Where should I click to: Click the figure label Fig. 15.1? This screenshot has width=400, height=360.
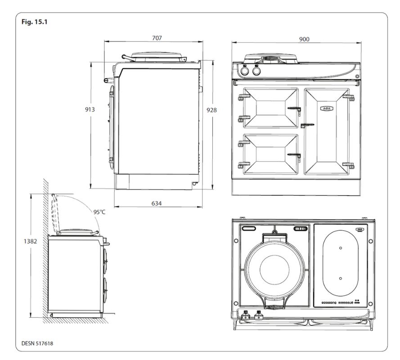(34, 22)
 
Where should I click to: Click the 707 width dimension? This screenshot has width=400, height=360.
(157, 38)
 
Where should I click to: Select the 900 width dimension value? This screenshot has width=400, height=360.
(304, 40)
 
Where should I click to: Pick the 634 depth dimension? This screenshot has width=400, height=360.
(156, 203)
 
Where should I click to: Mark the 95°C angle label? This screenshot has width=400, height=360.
(100, 212)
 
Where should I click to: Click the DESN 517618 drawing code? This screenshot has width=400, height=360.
(39, 343)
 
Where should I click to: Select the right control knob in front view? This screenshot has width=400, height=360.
(256, 71)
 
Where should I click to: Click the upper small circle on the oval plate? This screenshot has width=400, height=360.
(341, 248)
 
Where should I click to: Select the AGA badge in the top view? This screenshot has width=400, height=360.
(359, 229)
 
